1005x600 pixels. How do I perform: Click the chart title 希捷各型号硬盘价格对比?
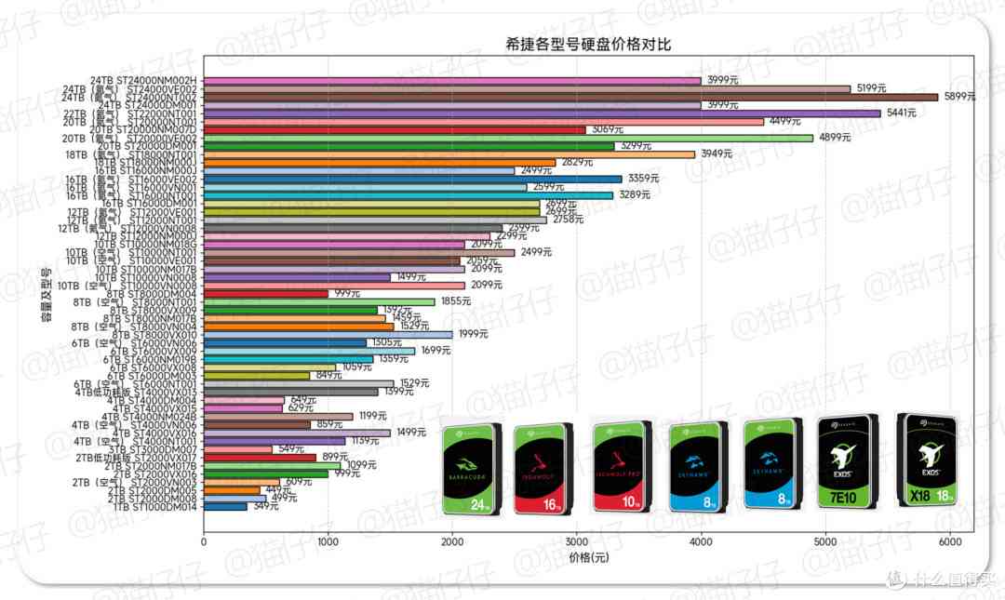point(587,45)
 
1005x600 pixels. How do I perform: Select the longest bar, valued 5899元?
point(570,97)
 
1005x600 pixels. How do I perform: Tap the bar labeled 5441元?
point(542,113)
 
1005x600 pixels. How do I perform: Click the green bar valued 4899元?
point(508,138)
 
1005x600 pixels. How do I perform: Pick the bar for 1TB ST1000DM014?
point(225,507)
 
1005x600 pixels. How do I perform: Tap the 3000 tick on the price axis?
point(577,541)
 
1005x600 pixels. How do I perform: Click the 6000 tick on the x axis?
point(949,541)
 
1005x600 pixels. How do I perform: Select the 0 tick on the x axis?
point(204,541)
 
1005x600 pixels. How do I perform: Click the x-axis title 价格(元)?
point(587,557)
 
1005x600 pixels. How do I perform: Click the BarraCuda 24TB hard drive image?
point(471,469)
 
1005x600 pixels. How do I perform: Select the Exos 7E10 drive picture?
point(847,462)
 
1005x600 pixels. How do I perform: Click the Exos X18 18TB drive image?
point(926,460)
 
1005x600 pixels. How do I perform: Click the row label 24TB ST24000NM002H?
point(143,81)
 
